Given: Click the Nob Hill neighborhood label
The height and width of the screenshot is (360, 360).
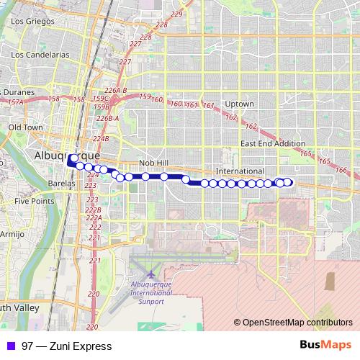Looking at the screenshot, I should click(x=152, y=163).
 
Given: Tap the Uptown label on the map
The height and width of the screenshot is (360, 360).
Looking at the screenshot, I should click(x=239, y=104).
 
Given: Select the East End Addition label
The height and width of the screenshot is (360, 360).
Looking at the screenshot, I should click(x=273, y=144).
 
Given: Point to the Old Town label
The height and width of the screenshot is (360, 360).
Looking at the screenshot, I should click(x=24, y=127).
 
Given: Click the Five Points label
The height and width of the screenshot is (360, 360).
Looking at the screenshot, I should click(x=34, y=202).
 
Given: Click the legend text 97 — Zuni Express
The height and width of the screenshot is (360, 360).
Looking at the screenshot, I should click(x=67, y=346).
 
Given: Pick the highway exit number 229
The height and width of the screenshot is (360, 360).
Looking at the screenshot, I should click(x=176, y=14).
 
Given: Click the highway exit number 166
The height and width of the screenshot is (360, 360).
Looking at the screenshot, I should click(x=341, y=171).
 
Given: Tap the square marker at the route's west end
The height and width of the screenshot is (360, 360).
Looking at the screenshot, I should click(x=73, y=160).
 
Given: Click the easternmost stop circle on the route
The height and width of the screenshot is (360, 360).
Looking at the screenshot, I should click(x=289, y=182).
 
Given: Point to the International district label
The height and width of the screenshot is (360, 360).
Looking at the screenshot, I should click(x=240, y=171).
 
